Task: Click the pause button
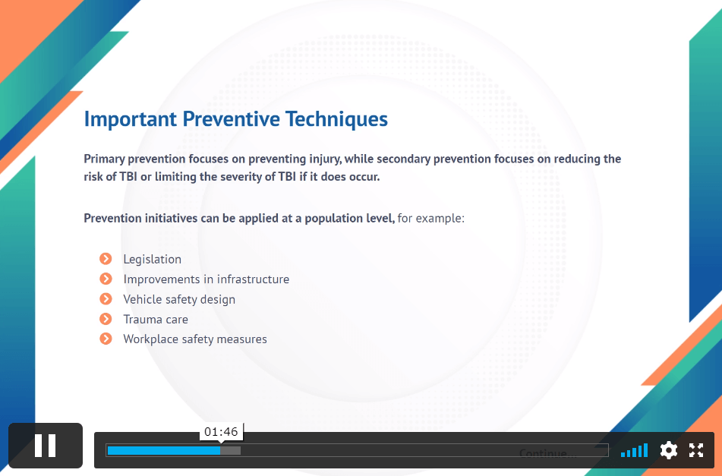[45, 446]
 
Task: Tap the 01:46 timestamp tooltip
[221, 432]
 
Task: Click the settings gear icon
[669, 450]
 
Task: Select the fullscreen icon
[696, 450]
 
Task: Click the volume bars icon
[634, 450]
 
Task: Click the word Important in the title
[131, 119]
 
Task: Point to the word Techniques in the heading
[336, 119]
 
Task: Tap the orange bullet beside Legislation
[106, 259]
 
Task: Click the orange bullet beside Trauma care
[106, 319]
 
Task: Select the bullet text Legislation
[153, 259]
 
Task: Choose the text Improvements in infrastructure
[207, 279]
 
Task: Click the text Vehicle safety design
[179, 299]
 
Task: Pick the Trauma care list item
[156, 319]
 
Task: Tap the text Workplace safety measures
[195, 339]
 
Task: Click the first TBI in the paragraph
[128, 177]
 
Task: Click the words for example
[430, 218]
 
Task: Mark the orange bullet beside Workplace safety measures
[106, 339]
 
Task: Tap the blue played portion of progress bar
[163, 450]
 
